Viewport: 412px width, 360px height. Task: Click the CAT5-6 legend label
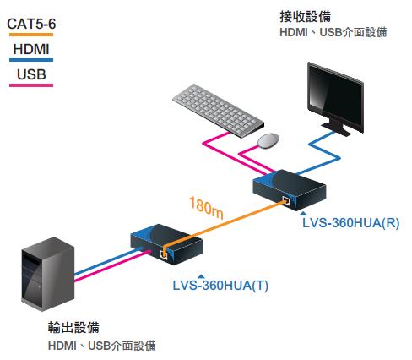[31, 24]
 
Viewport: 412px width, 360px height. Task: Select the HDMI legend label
[31, 49]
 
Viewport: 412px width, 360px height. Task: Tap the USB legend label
[31, 74]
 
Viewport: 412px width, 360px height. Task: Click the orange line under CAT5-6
[31, 35]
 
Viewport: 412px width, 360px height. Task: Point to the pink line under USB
[31, 85]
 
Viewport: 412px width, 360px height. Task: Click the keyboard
[219, 111]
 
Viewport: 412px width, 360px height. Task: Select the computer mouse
[268, 140]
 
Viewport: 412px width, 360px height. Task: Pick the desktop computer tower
[48, 274]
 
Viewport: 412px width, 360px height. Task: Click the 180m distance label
[206, 208]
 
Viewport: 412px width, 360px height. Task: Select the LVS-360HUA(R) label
[351, 223]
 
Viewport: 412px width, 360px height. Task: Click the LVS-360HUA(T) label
[220, 286]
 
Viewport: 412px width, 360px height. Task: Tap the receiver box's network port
[286, 201]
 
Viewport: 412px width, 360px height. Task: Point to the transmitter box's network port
[164, 254]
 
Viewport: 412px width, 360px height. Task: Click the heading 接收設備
[305, 17]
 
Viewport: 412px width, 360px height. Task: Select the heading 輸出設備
[73, 327]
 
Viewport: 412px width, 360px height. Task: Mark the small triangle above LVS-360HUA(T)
[201, 276]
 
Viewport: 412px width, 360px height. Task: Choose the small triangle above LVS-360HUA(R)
[303, 213]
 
